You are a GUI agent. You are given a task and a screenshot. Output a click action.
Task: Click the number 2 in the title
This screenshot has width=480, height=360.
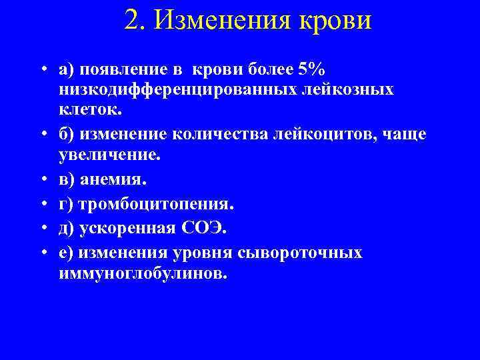point(133,19)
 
